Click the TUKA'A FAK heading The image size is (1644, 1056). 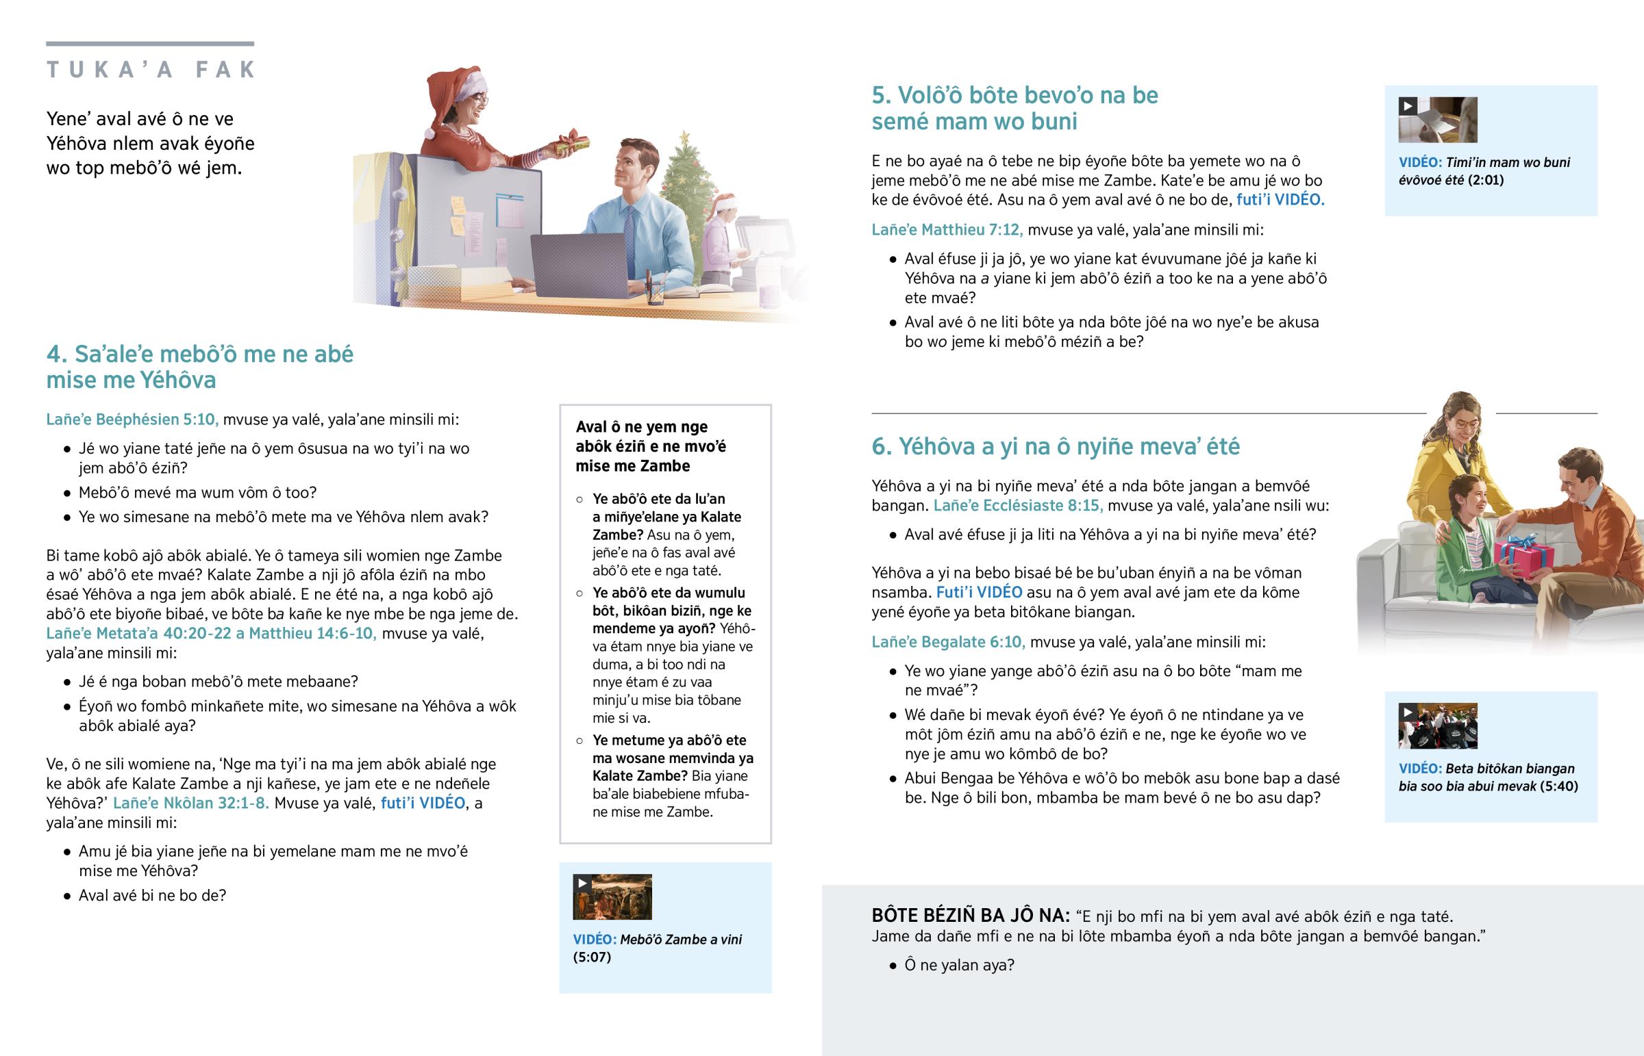[x=150, y=69]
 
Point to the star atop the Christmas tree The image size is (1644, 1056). [x=684, y=139]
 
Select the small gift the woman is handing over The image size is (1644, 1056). [x=571, y=143]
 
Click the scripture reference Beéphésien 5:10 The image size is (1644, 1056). [x=132, y=420]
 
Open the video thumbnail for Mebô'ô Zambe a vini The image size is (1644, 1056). [x=612, y=897]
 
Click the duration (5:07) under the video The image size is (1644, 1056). [x=591, y=957]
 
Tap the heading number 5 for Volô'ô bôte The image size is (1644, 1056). [x=881, y=95]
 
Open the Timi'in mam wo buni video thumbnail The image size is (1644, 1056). [x=1437, y=120]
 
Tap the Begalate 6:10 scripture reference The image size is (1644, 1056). [x=948, y=643]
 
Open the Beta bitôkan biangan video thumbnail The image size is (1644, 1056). [x=1437, y=726]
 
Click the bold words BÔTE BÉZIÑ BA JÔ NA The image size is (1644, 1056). [x=970, y=916]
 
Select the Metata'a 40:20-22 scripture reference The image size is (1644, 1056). [x=138, y=634]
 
